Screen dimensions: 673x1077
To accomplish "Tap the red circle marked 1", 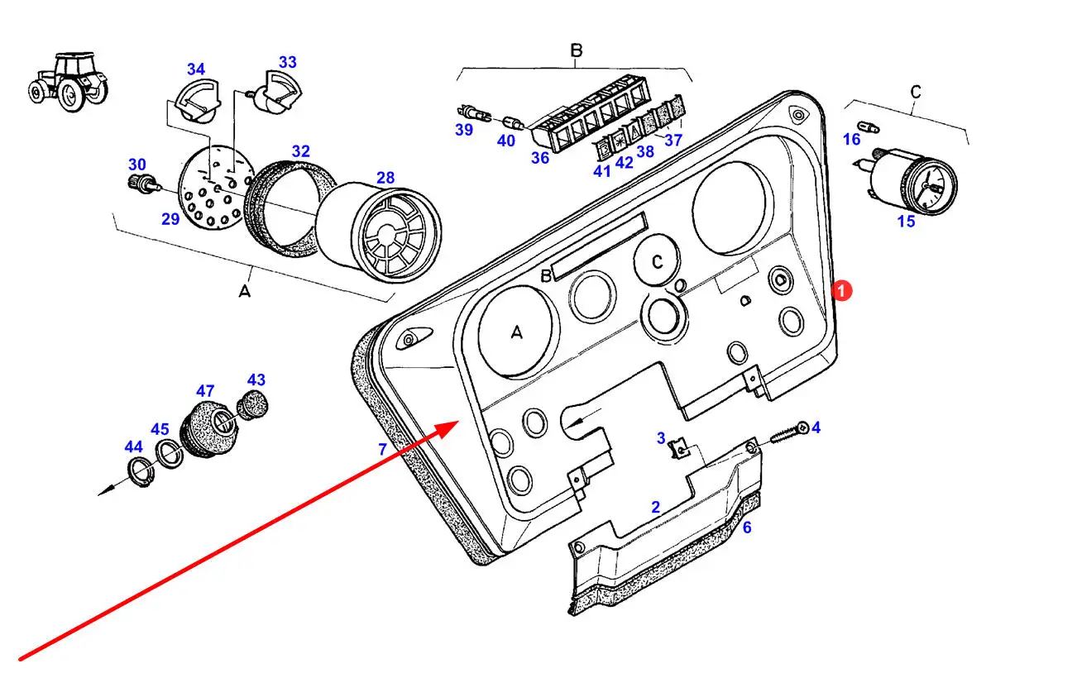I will [840, 291].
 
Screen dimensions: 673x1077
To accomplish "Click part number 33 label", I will [287, 62].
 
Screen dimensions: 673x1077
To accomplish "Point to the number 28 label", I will [385, 178].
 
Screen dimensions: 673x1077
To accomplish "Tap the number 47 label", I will [205, 390].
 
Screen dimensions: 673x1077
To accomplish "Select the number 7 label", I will [382, 450].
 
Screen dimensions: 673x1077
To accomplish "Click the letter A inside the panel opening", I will [516, 332].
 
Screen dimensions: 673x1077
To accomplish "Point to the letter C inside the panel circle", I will [657, 262].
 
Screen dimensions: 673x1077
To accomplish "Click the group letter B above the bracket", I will [577, 50].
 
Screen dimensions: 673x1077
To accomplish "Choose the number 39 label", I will [463, 130].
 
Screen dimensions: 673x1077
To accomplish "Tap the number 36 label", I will [540, 156].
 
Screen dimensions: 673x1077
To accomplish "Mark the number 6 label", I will [746, 527].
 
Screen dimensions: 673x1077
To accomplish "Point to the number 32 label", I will [300, 151].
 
